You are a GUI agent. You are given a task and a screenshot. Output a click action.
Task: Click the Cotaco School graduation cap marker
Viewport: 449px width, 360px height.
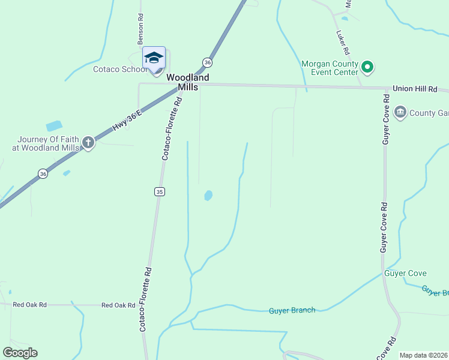tap(154, 58)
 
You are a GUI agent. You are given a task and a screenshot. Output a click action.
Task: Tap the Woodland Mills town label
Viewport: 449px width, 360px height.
tap(188, 82)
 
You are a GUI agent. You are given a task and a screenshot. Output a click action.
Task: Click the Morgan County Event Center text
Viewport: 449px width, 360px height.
tap(330, 68)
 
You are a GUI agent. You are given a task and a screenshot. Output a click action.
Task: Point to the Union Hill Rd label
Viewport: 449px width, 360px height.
tap(415, 89)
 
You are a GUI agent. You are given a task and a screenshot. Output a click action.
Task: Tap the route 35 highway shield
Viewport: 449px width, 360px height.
tap(158, 191)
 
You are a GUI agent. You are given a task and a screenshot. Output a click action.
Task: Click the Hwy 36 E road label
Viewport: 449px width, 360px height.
tap(127, 119)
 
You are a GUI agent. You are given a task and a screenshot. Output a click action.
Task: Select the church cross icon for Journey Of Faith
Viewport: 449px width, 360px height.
tap(89, 143)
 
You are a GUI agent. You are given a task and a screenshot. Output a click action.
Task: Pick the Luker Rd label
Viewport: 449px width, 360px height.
tap(343, 42)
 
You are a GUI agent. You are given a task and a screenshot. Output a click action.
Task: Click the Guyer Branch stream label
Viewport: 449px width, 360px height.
tap(292, 310)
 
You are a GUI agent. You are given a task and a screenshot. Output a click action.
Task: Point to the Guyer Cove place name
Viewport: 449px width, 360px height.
tap(405, 274)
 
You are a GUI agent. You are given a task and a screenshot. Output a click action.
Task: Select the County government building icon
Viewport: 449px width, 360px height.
tap(400, 112)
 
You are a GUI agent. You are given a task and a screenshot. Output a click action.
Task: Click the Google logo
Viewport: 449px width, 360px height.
tap(20, 352)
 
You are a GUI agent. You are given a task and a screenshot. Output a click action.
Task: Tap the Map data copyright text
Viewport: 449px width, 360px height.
tap(423, 355)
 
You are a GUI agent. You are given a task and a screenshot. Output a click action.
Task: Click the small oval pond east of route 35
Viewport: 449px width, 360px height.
tap(208, 196)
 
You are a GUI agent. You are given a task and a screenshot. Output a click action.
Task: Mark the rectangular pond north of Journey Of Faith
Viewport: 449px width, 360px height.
tap(54, 126)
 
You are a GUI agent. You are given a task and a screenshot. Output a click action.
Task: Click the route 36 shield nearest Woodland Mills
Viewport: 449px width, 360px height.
tap(207, 62)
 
